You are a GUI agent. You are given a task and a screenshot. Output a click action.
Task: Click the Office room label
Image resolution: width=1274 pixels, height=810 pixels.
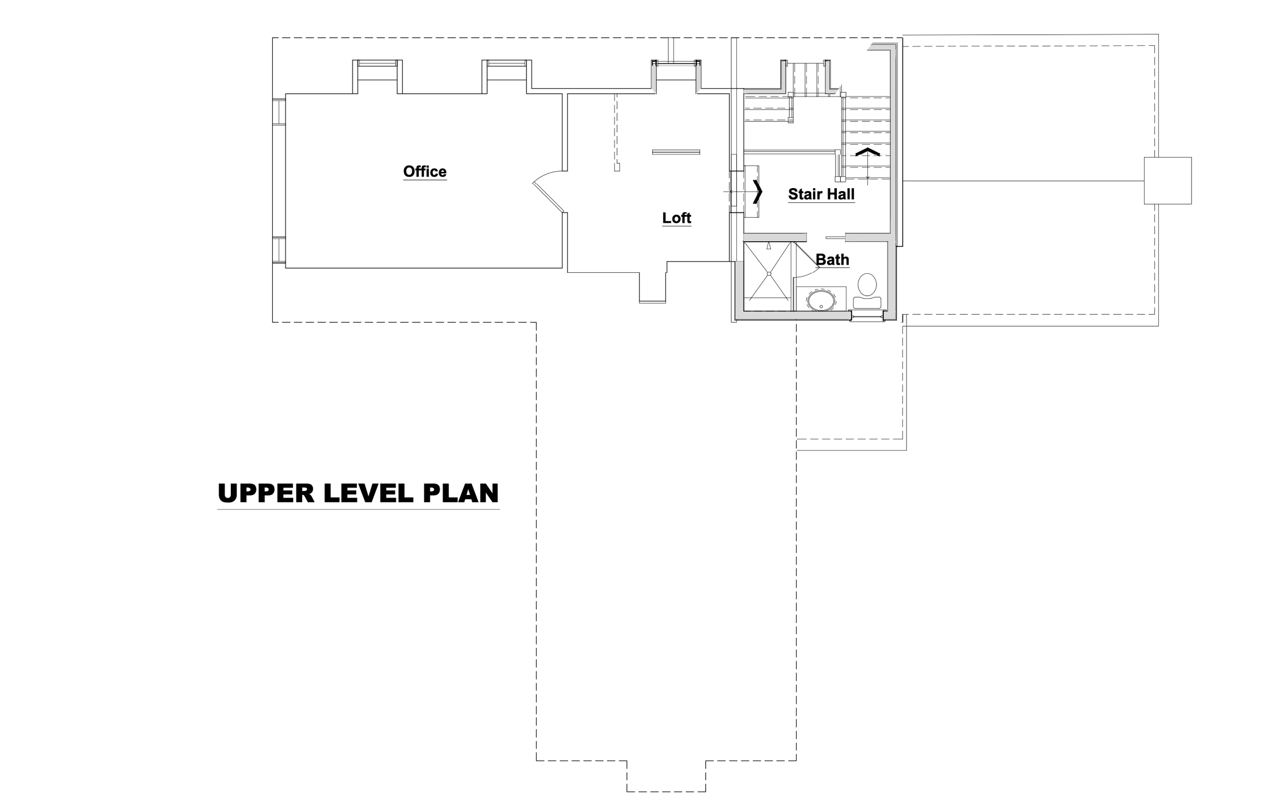(x=425, y=171)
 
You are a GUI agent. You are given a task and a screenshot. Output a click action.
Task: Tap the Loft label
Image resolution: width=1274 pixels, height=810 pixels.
(x=677, y=218)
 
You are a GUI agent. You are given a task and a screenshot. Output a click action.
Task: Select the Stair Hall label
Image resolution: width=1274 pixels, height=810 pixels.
(x=821, y=194)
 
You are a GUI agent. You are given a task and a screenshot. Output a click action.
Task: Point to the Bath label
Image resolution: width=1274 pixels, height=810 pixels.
(x=832, y=260)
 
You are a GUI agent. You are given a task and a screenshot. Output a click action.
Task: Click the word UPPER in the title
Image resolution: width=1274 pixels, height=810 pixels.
(x=266, y=493)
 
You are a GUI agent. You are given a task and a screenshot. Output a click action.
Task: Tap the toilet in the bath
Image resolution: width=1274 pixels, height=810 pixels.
(x=867, y=291)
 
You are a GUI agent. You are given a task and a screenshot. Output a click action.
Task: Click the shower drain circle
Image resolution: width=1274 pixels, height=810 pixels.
(x=769, y=274)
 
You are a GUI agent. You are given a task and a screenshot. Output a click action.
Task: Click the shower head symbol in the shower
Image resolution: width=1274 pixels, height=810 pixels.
(x=769, y=246)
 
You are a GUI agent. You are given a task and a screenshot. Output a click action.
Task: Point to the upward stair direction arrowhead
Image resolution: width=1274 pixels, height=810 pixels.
(x=868, y=152)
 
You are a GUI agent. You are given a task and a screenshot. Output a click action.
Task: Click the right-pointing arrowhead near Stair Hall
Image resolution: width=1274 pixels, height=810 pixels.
(x=758, y=192)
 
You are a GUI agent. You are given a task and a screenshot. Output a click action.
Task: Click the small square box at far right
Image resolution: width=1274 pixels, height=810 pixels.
(x=1167, y=180)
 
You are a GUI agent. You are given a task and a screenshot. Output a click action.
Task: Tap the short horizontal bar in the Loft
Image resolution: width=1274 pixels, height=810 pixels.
(x=676, y=152)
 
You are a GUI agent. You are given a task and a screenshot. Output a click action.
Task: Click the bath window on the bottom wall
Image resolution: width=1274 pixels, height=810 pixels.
(x=867, y=316)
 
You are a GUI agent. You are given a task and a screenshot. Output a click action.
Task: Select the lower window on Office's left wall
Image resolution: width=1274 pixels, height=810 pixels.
(x=279, y=250)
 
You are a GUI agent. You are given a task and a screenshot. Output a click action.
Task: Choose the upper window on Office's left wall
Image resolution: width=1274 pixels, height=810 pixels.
(x=279, y=112)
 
